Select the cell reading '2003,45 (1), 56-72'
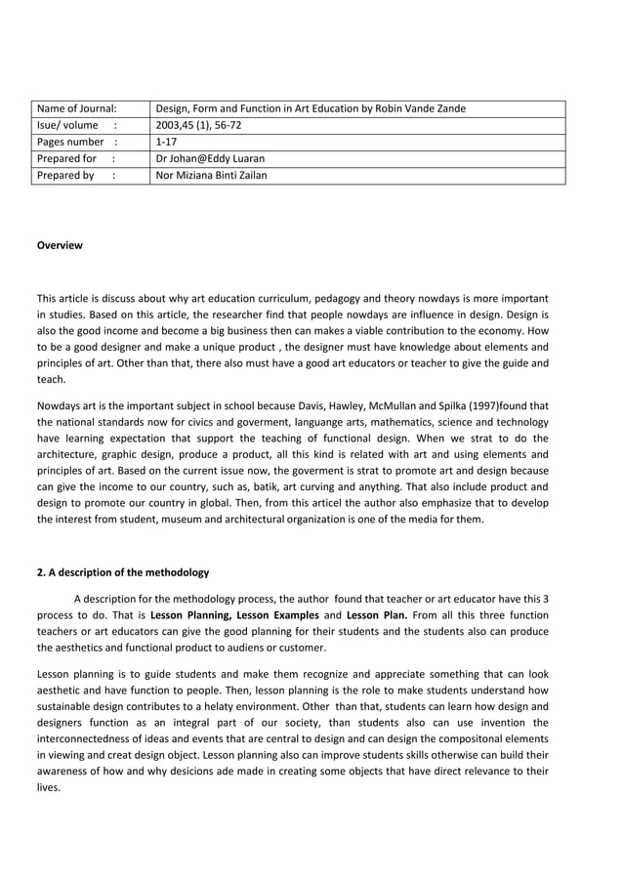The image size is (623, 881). coord(201,125)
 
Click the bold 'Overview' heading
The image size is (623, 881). coord(60,245)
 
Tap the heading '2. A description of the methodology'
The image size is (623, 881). coord(122,572)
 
